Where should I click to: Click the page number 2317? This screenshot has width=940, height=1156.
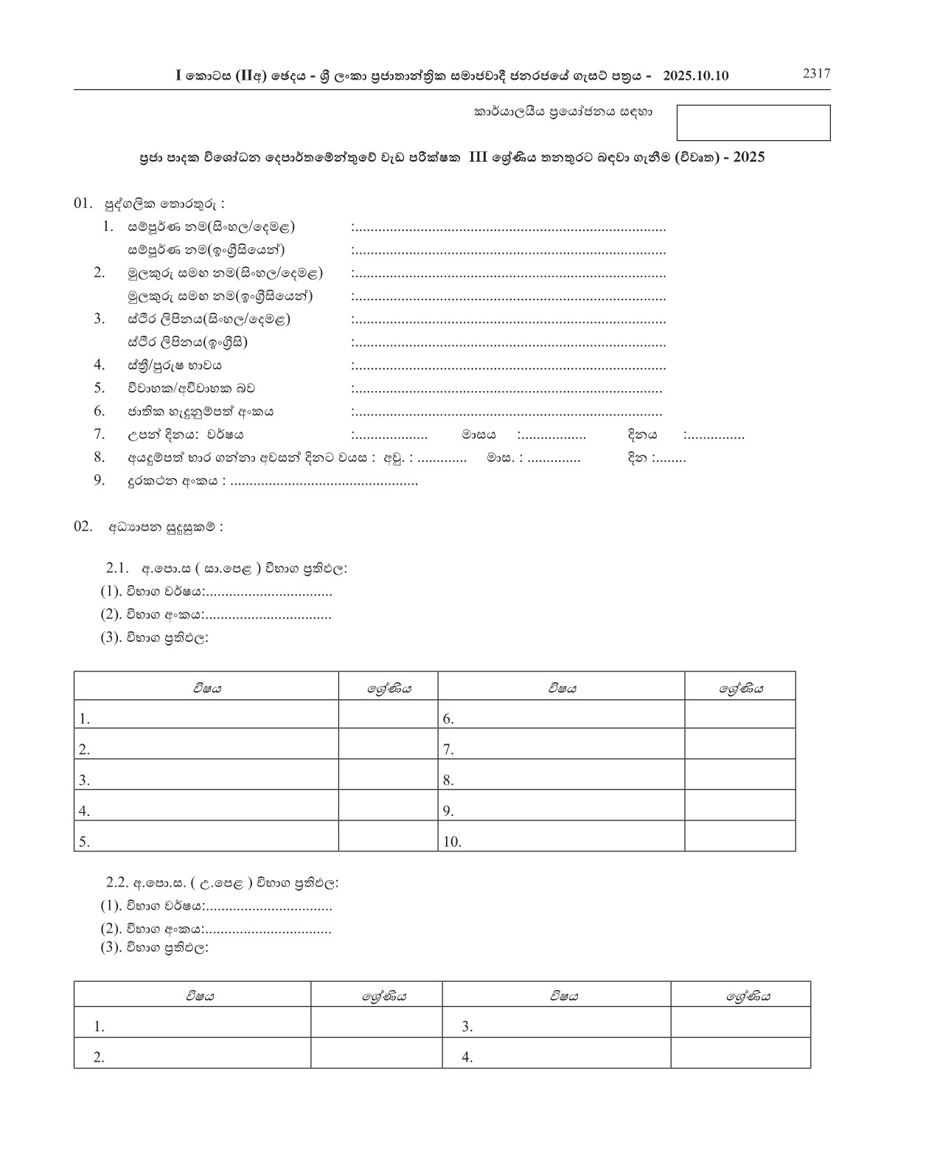(816, 73)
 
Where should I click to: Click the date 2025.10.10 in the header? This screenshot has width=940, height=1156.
(695, 76)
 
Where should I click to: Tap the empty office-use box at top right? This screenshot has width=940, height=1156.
(753, 122)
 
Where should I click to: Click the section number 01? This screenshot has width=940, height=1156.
(83, 203)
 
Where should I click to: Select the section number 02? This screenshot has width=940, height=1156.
(83, 526)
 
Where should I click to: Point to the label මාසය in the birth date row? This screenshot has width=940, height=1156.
(478, 435)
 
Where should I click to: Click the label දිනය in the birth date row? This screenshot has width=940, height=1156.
(641, 435)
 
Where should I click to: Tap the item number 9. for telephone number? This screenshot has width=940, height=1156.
(100, 480)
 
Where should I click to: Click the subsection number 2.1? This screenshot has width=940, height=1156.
(118, 568)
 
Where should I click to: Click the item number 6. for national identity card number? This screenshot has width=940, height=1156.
(100, 411)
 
